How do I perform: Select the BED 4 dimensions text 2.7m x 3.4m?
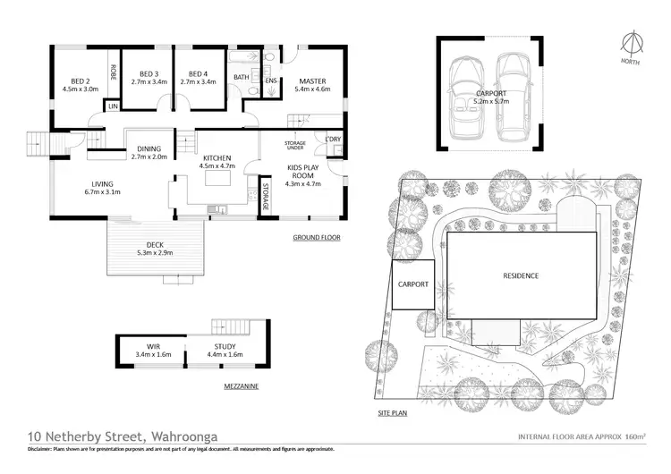[x=198, y=81]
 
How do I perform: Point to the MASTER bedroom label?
[x=312, y=80]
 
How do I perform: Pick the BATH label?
[x=242, y=78]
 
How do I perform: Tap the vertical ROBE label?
[x=113, y=73]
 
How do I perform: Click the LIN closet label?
[x=113, y=106]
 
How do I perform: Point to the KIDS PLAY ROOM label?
[x=302, y=171]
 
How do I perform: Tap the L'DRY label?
[x=333, y=140]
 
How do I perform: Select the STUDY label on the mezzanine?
[x=225, y=345]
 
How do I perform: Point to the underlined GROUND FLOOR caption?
[x=318, y=238]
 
